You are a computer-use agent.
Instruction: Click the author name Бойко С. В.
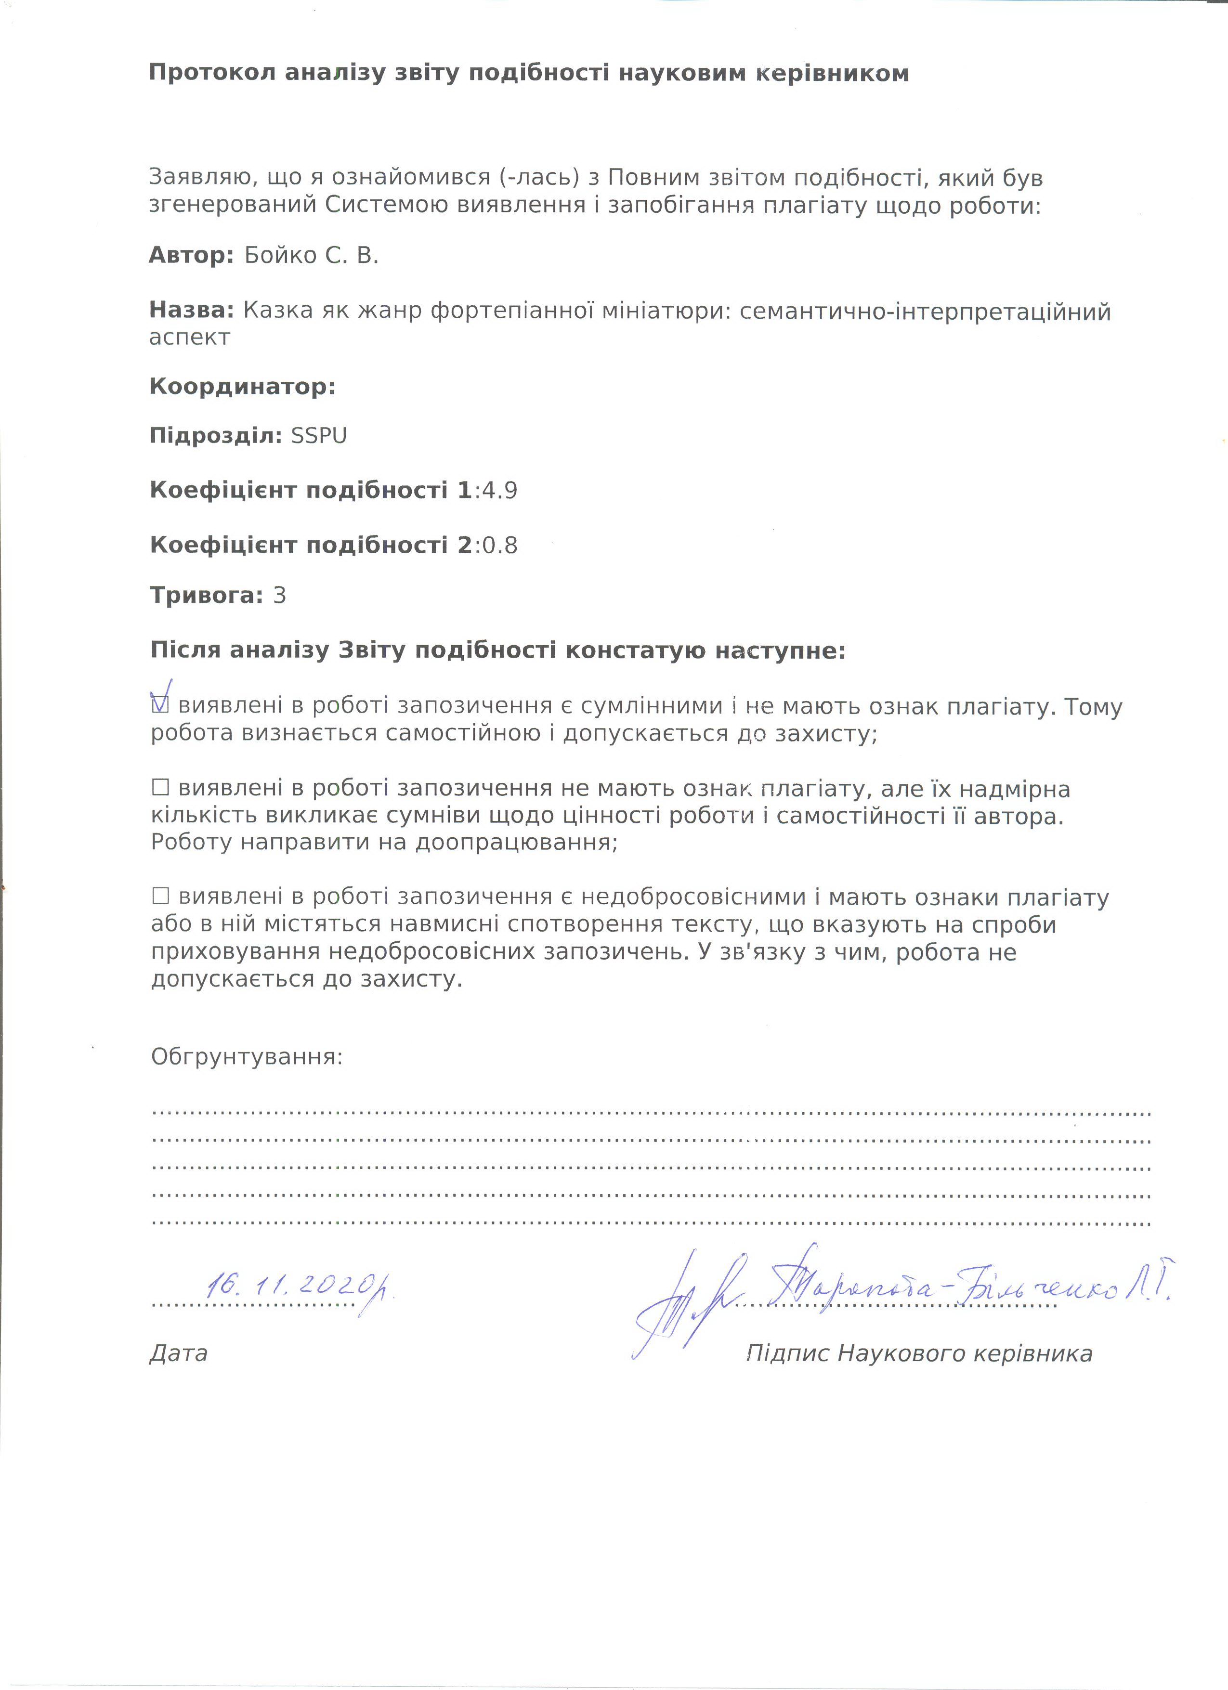312,256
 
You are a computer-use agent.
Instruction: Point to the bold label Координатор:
242,386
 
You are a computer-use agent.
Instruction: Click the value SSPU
319,436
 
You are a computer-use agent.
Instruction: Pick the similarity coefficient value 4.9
500,490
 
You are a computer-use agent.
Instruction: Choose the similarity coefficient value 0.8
500,546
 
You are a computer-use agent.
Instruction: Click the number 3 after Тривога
279,596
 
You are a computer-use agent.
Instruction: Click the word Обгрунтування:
247,1057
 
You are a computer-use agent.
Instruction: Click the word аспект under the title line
189,338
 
